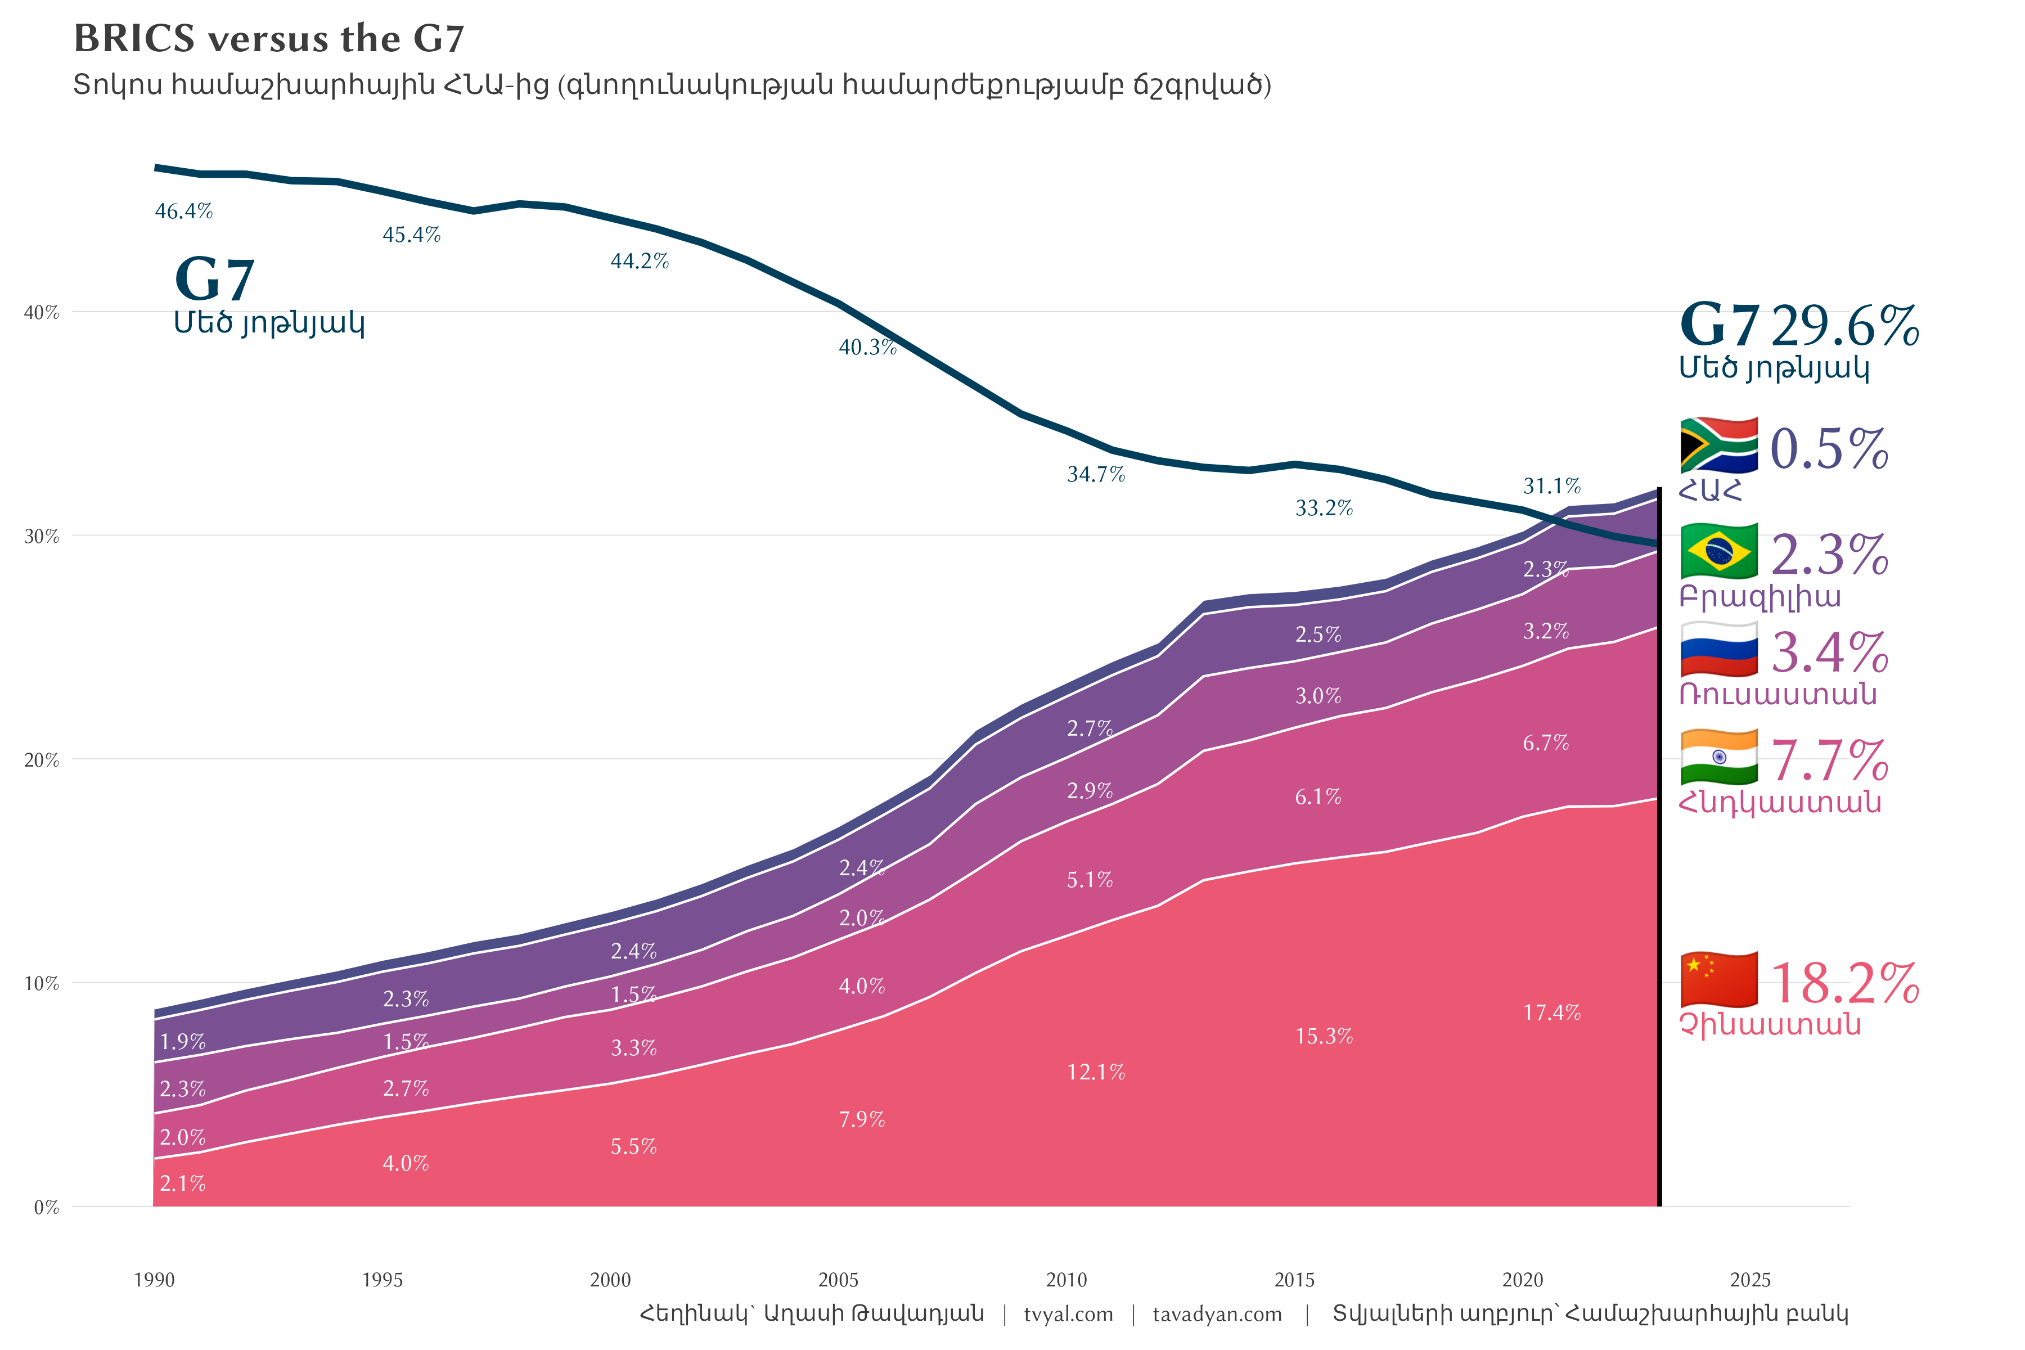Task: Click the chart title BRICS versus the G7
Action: (269, 39)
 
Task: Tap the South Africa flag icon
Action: (1718, 445)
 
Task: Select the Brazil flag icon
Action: (1718, 551)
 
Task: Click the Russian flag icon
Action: (1718, 649)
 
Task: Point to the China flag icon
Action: (1718, 980)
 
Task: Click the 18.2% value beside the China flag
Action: (1844, 983)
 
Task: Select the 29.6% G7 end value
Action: (1844, 326)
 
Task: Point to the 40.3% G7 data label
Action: (867, 348)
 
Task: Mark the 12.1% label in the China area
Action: (1096, 1073)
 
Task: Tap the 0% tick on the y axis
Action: (47, 1208)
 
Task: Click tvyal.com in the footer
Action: (1068, 1315)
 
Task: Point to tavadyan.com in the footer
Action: (1217, 1315)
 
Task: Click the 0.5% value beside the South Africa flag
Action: (1829, 449)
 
